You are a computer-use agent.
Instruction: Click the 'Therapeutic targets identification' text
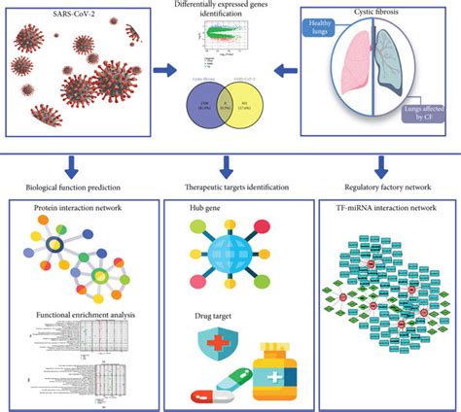point(230,186)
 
